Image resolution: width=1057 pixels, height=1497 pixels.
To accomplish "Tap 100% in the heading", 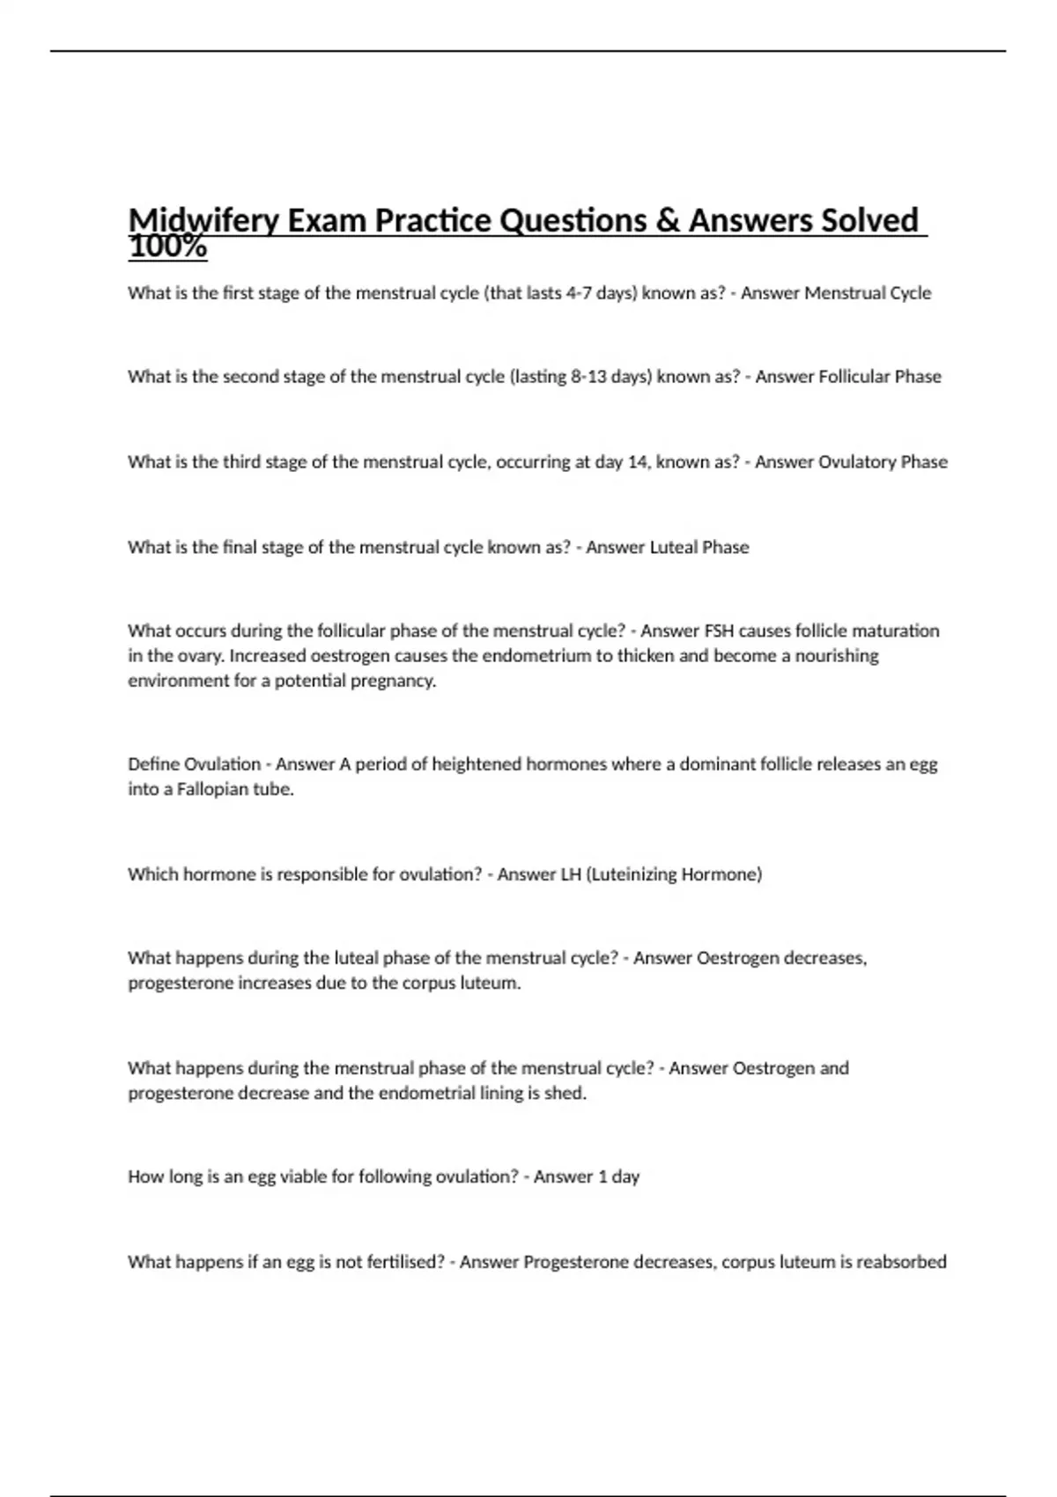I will [x=167, y=248].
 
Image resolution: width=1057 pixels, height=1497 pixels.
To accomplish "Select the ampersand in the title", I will [x=668, y=220].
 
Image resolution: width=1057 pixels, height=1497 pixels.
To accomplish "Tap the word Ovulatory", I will [x=852, y=462].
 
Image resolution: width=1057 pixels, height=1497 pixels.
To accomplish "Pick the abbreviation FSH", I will [x=719, y=631].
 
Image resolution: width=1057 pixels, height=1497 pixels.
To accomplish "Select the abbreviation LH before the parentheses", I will [x=571, y=874].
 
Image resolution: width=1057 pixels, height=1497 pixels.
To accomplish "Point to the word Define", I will [x=153, y=764].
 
